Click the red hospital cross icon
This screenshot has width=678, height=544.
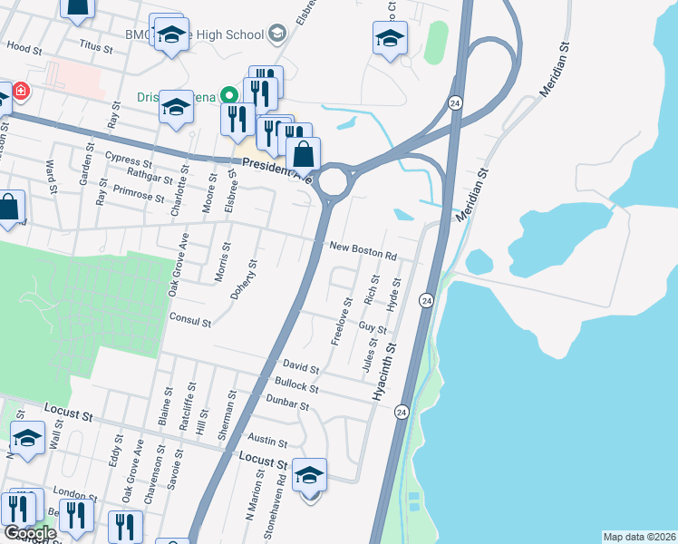click(19, 92)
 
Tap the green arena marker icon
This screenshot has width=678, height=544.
click(230, 94)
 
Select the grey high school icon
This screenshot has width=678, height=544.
click(276, 34)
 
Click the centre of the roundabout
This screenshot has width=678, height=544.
click(334, 181)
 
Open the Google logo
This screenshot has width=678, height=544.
click(30, 533)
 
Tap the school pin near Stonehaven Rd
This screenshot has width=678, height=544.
click(309, 475)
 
